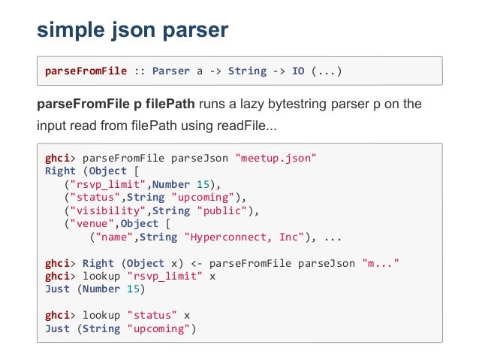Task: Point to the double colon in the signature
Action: pos(140,71)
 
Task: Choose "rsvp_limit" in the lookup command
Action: pos(166,276)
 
